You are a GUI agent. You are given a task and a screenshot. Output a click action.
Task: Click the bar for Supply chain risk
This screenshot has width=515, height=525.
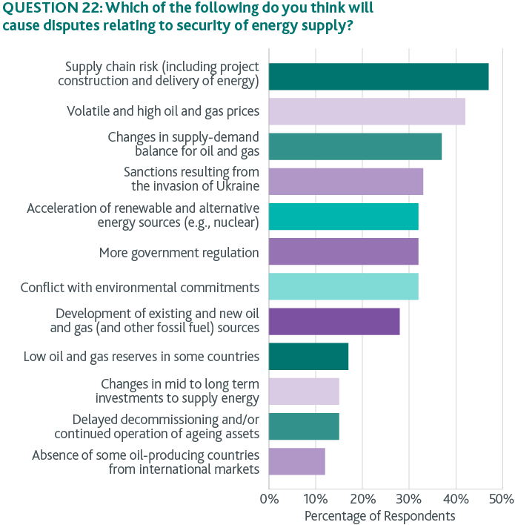[378, 76]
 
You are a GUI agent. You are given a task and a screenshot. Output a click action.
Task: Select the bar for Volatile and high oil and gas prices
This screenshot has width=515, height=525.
[366, 111]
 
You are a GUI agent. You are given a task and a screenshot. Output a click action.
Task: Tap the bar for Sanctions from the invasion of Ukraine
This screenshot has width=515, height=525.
[345, 181]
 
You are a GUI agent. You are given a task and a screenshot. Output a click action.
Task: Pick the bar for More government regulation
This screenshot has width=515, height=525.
[343, 251]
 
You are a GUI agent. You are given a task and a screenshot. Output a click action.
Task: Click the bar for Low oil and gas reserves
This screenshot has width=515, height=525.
[308, 356]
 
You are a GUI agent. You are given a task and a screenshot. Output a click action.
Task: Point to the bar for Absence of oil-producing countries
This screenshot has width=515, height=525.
[296, 461]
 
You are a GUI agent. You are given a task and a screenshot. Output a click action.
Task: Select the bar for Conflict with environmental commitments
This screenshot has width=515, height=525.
[343, 286]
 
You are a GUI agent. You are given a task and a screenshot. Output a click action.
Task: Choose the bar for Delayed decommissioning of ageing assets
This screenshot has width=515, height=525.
[304, 426]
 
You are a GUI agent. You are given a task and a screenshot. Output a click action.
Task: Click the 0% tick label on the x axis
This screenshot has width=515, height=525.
[268, 498]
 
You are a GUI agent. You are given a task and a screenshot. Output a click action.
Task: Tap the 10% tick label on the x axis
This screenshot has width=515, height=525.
[315, 498]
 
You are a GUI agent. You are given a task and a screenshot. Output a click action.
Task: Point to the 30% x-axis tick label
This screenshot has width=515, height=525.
[408, 498]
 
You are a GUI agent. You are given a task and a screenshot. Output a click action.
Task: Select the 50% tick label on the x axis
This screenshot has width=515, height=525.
[501, 498]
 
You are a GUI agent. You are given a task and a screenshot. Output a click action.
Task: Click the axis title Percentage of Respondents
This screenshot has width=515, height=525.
[379, 515]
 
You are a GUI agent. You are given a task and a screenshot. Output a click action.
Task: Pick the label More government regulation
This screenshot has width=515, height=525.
[179, 253]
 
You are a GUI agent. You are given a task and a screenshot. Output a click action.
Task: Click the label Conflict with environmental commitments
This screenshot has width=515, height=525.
[139, 287]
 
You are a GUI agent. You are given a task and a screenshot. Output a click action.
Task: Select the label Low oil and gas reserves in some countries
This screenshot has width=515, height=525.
[141, 357]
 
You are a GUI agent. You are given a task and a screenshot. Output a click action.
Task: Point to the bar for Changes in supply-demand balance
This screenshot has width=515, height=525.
[355, 146]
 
